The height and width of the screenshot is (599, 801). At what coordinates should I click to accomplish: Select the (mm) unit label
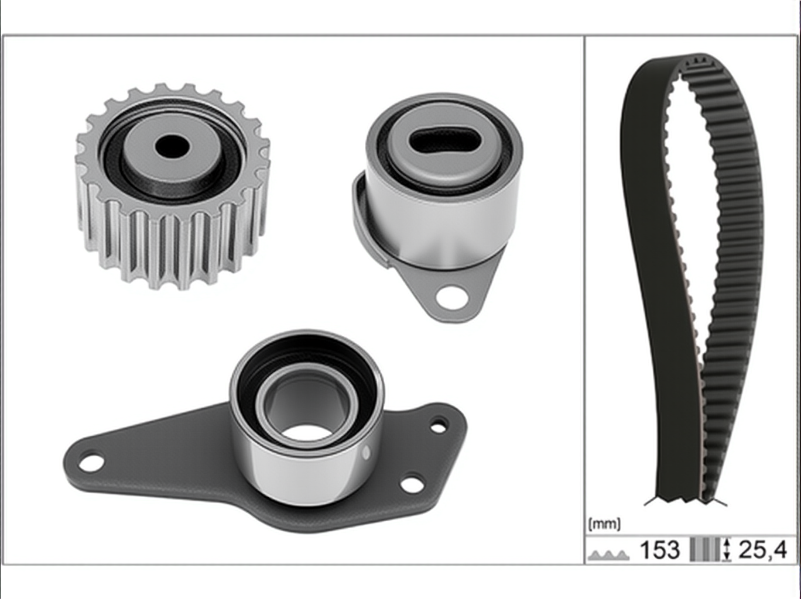604,525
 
